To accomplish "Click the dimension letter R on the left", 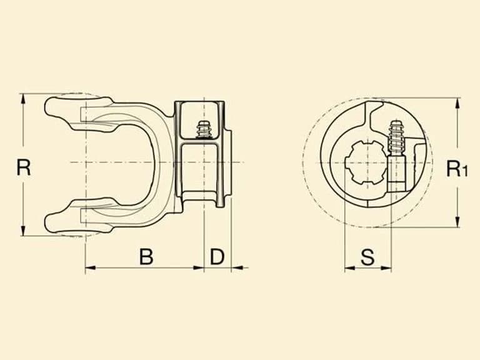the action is click(x=24, y=167).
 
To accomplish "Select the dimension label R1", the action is click(x=457, y=168).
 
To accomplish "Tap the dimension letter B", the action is click(x=146, y=256).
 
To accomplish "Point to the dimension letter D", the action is click(x=217, y=256).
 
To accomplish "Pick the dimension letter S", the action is click(x=367, y=257).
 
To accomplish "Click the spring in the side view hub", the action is click(x=204, y=129).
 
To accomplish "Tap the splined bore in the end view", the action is click(x=365, y=162).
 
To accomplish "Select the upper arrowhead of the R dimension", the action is click(x=22, y=99).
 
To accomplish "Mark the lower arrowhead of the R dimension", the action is click(x=22, y=230).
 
